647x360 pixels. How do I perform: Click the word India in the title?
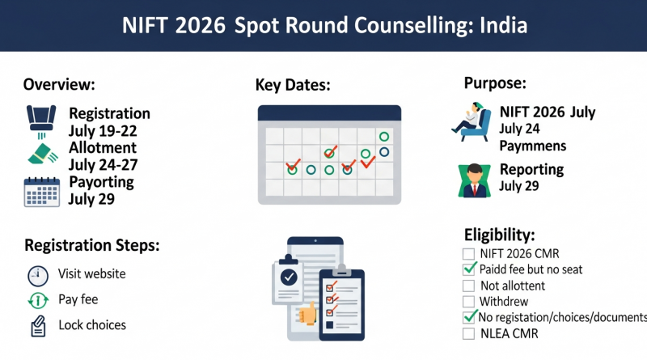click(x=503, y=25)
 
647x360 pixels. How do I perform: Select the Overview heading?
click(x=59, y=84)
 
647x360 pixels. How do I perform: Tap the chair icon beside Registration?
click(x=41, y=121)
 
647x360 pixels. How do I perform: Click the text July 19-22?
click(x=103, y=131)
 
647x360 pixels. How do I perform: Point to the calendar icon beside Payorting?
click(x=42, y=192)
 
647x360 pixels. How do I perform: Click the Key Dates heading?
click(x=293, y=85)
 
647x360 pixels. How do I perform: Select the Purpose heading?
click(x=495, y=83)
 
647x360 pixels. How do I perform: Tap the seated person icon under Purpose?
click(x=472, y=121)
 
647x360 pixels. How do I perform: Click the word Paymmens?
click(x=533, y=146)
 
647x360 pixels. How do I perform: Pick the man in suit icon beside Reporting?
click(x=475, y=180)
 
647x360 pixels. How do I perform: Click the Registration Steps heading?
click(x=92, y=245)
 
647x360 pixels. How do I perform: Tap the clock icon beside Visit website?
click(x=38, y=276)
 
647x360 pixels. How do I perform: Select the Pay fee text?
click(x=78, y=299)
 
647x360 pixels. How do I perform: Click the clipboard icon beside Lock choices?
click(x=38, y=326)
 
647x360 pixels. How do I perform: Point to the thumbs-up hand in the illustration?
click(x=307, y=312)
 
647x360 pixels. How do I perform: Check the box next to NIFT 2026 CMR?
click(x=468, y=253)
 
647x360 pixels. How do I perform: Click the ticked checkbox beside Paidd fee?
click(x=469, y=269)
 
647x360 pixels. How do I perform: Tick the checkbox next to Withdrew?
click(x=468, y=302)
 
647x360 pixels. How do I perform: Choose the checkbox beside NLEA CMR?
click(x=468, y=333)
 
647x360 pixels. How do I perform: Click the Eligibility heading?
click(x=500, y=235)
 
